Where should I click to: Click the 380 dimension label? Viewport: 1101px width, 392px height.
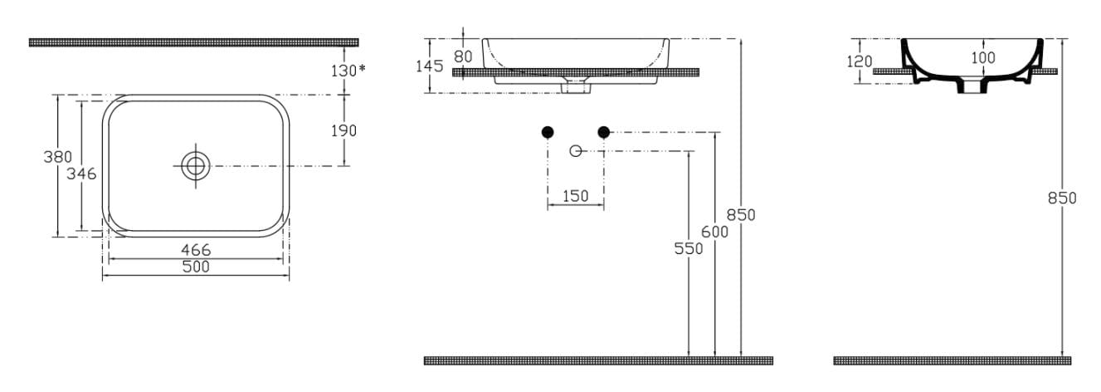point(57,157)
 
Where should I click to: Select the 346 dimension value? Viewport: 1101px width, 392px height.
point(81,174)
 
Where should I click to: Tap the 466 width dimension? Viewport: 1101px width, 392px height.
point(196,250)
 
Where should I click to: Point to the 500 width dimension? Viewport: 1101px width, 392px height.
point(196,267)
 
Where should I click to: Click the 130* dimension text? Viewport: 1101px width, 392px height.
point(348,71)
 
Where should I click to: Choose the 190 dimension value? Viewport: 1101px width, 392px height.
point(343,131)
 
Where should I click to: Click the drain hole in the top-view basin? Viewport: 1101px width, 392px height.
point(196,166)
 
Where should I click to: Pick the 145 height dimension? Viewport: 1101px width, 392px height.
point(430,66)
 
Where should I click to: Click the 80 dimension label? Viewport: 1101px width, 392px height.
point(463,56)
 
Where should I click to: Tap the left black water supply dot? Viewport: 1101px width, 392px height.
point(548,132)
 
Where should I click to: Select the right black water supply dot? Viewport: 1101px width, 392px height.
point(603,132)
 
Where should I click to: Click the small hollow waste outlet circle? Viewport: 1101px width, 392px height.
point(576,151)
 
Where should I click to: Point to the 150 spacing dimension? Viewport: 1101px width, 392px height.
point(575,196)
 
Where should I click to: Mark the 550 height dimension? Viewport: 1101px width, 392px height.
point(688,249)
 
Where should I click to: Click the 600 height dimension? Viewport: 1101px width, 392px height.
point(714,232)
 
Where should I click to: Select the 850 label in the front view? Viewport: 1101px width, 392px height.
point(741,215)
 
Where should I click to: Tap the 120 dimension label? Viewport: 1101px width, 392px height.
point(860,61)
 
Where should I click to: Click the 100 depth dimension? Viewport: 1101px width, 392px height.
point(983,58)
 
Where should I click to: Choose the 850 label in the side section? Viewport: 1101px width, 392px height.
point(1062,198)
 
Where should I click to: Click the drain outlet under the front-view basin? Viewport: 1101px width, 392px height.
point(576,87)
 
